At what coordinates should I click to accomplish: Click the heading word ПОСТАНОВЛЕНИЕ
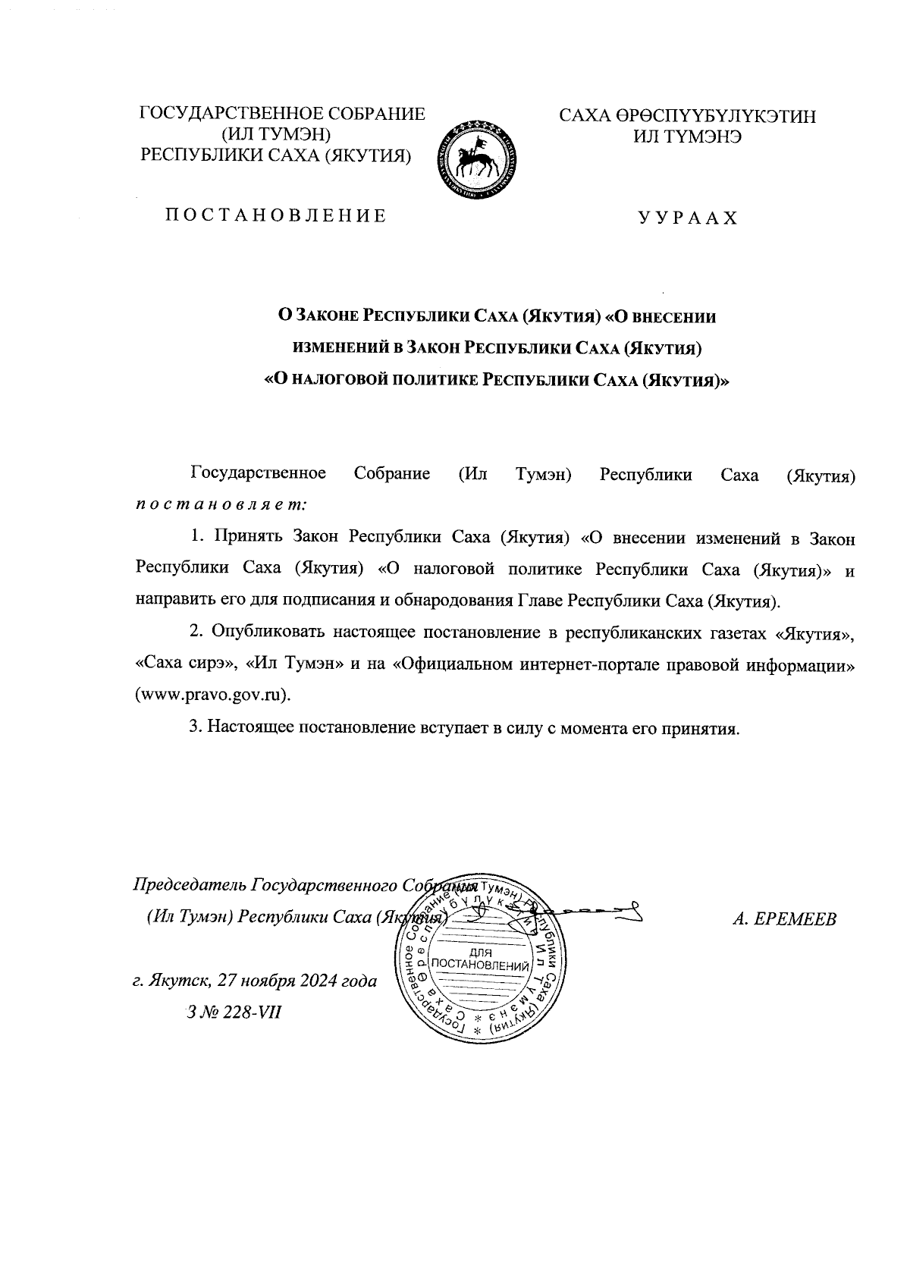(276, 216)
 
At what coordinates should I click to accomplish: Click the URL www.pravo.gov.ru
(212, 695)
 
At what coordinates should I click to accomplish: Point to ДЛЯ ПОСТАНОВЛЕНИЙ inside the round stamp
(479, 959)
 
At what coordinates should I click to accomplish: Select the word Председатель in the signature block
(190, 886)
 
